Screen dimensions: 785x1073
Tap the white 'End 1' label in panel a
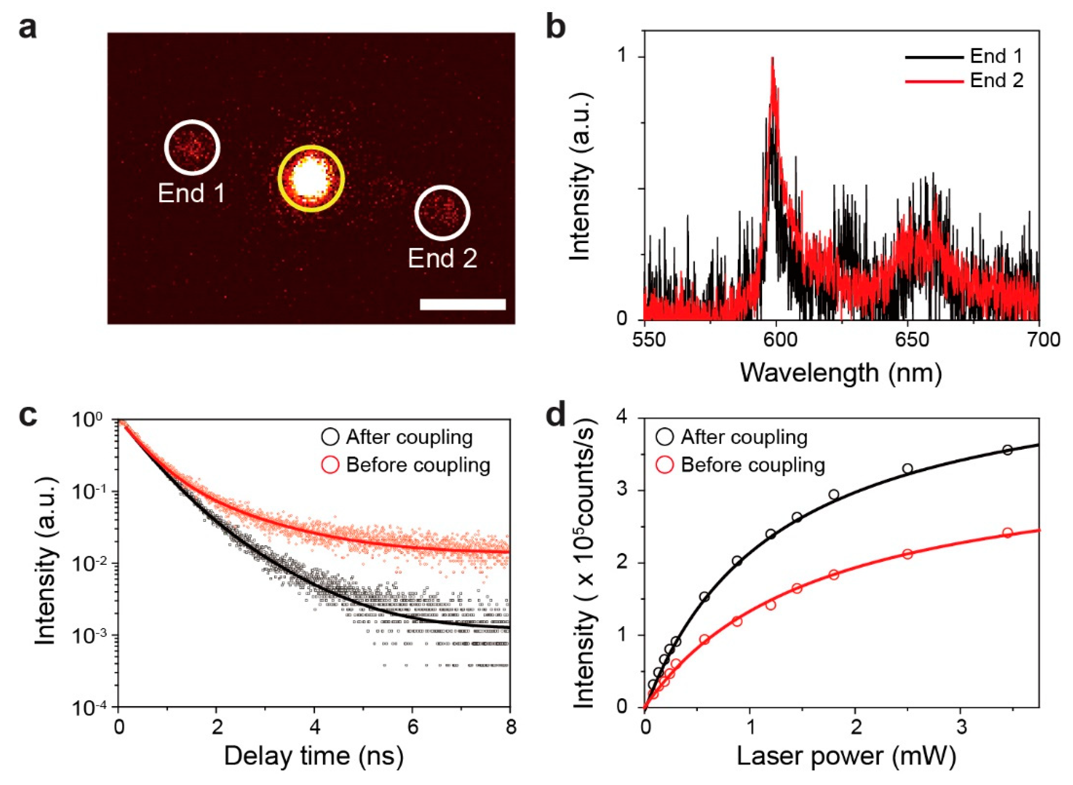[x=191, y=193]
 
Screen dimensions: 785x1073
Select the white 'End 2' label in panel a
[x=442, y=258]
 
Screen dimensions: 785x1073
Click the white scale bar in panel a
[x=463, y=304]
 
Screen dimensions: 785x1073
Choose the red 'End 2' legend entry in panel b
[x=964, y=81]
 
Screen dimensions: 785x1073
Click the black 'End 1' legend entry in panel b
[x=964, y=56]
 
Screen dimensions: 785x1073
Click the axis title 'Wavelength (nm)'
[x=840, y=373]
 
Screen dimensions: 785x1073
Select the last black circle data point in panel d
[x=1007, y=450]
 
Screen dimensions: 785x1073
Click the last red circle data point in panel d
[x=1007, y=533]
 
